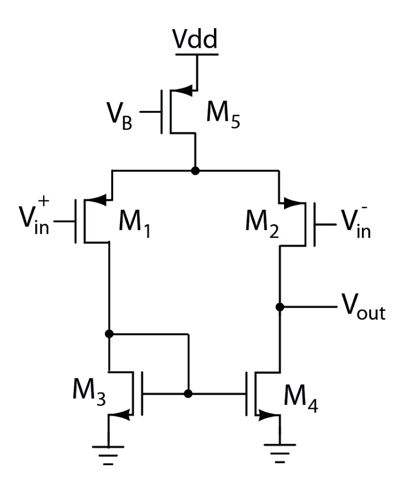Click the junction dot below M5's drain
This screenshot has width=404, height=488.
tap(195, 171)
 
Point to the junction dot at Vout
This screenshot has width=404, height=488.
tap(280, 307)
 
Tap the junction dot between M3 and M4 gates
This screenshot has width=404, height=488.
tap(188, 394)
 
